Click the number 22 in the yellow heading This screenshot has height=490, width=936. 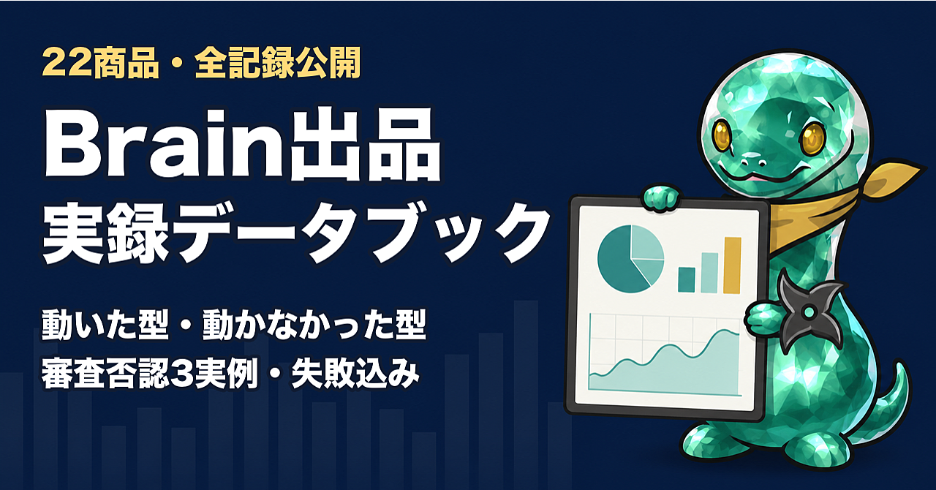(67, 64)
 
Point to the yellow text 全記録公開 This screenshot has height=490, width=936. (278, 63)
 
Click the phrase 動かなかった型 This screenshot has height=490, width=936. (314, 325)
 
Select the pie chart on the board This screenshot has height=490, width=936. (630, 259)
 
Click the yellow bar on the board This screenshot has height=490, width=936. (733, 265)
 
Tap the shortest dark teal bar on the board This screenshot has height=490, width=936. (687, 279)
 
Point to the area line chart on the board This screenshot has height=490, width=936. (665, 368)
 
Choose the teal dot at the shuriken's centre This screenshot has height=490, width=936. (809, 312)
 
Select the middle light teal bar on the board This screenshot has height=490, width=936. (709, 273)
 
